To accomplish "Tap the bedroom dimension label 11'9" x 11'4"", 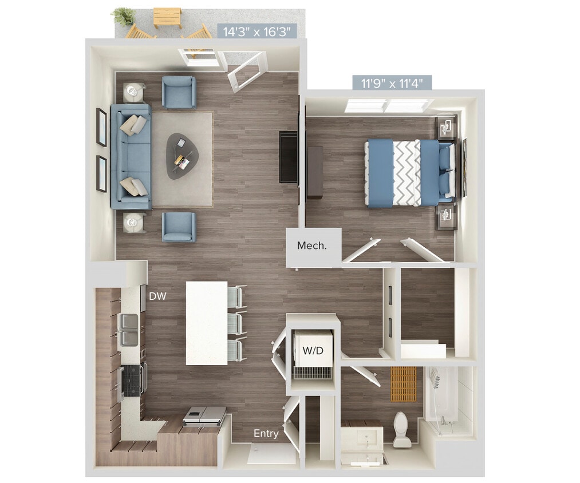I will [x=392, y=83].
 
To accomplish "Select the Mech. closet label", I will [x=312, y=246].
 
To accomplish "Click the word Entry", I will [x=266, y=433].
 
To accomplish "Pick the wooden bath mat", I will [x=404, y=383].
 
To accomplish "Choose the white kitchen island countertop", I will [x=206, y=323].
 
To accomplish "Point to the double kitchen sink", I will [x=128, y=330].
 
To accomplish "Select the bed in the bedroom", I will [x=409, y=172].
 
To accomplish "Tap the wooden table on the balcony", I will [x=168, y=18].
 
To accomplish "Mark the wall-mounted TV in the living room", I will [x=287, y=157].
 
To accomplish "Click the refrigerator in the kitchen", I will [x=204, y=415].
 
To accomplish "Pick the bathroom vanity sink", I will [x=363, y=438].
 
